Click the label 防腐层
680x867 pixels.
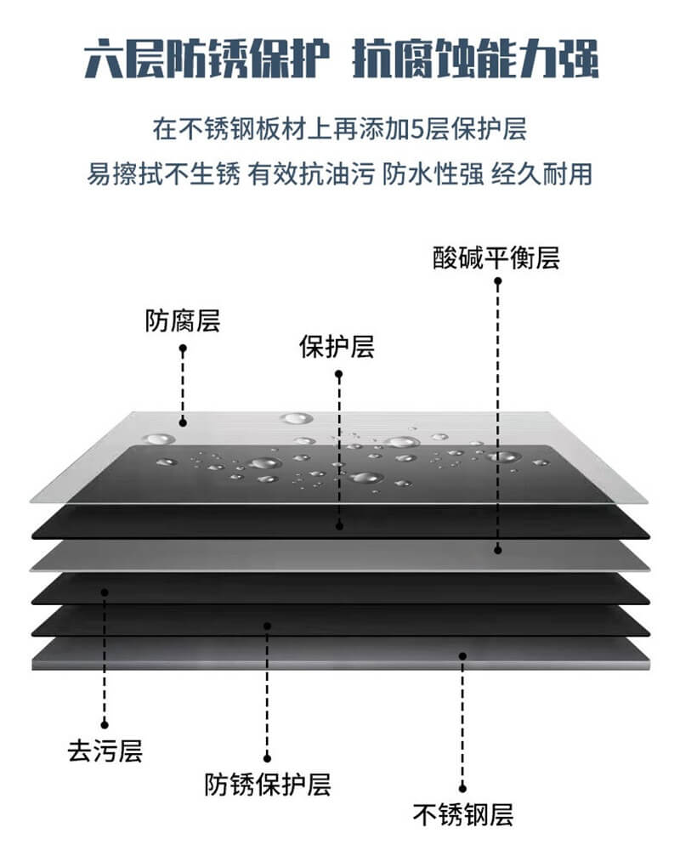point(183,321)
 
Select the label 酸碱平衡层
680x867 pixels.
point(496,258)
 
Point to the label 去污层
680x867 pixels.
point(105,751)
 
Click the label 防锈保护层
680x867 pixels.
point(268,784)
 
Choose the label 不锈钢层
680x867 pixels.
point(463,816)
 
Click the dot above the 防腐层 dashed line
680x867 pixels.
point(183,348)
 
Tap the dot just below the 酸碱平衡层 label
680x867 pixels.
point(498,281)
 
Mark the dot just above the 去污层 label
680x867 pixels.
point(105,724)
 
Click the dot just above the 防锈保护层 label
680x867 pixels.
point(267,757)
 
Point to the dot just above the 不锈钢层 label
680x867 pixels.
point(463,789)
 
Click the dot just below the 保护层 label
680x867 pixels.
point(338,373)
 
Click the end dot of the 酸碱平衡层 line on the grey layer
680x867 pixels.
point(498,550)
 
